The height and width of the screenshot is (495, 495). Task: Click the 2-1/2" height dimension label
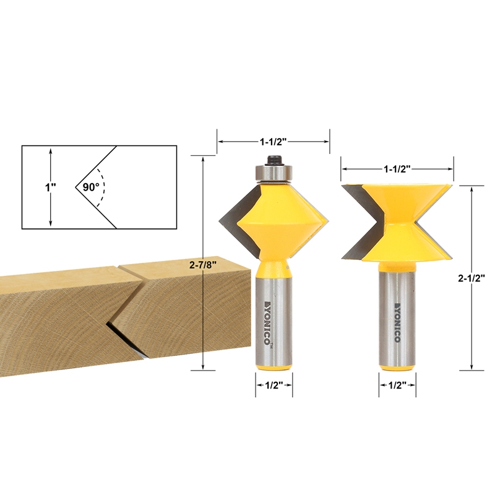point(471,278)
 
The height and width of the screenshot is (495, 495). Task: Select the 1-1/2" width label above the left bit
point(273,141)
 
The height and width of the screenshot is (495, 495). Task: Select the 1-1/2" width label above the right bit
point(397,168)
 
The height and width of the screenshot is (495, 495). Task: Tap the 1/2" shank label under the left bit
point(274,385)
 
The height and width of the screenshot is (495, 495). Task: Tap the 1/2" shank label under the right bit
point(397,385)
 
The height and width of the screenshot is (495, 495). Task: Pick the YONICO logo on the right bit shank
point(397,321)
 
